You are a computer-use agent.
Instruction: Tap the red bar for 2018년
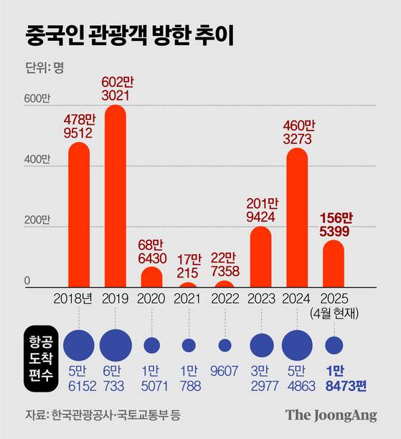pos(79,215)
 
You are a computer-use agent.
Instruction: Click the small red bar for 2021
pos(188,285)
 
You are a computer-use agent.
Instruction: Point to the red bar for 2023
pos(260,258)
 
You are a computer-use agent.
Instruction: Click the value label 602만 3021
pos(115,86)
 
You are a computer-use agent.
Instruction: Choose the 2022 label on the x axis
pos(225,298)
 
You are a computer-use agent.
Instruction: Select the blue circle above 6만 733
pos(115,345)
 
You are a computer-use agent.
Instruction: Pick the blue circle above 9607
pos(225,345)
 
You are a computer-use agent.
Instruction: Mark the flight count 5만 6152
pos(79,379)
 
